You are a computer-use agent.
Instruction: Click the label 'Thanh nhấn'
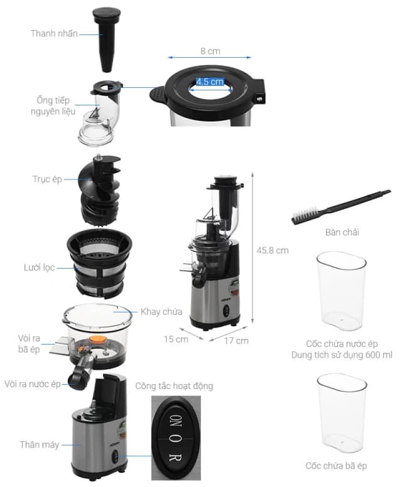(x=54, y=33)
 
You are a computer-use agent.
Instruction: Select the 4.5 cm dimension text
(x=210, y=82)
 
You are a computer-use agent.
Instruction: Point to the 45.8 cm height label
(x=273, y=250)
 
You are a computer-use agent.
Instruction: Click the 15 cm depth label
(x=177, y=340)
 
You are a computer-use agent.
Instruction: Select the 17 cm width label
(x=237, y=341)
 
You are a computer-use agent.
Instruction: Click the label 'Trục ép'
(x=47, y=179)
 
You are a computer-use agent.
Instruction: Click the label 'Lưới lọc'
(x=39, y=268)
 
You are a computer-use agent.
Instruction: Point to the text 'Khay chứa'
(x=161, y=312)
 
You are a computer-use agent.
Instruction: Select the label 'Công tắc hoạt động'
(x=174, y=386)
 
